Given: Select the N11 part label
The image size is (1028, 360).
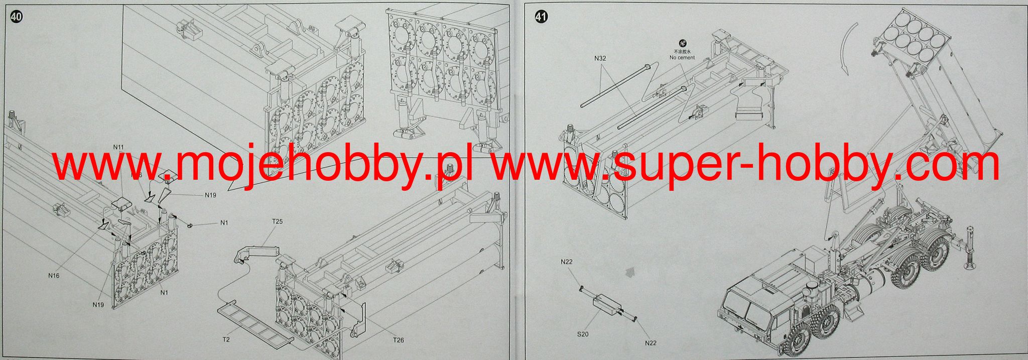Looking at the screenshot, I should tap(118, 147).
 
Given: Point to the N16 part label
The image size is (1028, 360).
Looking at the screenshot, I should tap(54, 275).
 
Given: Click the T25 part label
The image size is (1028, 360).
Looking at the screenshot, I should tap(277, 221).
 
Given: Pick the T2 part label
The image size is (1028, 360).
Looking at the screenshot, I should tap(226, 339).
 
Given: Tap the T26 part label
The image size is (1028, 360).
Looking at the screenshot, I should tap(398, 340).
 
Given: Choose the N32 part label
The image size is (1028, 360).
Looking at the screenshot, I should tap(600, 58).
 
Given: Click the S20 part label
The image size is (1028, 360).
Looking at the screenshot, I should tap(583, 333).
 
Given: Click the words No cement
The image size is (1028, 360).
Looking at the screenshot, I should tap(682, 58).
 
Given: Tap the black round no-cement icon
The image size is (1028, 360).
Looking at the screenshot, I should tap(682, 43).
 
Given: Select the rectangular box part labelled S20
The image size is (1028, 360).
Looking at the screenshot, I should tap(606, 304).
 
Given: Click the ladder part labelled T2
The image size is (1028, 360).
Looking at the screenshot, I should tap(254, 321).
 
